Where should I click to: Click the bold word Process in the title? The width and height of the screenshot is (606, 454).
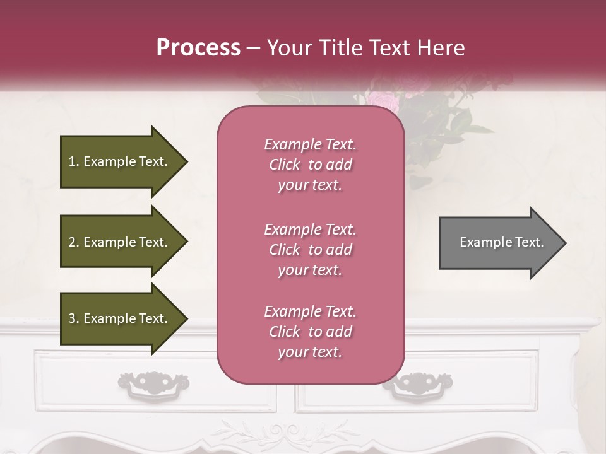tap(198, 48)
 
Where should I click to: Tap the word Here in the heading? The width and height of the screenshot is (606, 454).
tap(442, 48)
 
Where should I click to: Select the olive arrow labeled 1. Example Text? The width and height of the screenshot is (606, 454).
tap(120, 161)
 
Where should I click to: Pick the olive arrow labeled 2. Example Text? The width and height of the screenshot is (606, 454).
tap(120, 242)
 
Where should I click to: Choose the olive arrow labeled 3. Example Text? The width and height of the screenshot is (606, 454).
tap(120, 318)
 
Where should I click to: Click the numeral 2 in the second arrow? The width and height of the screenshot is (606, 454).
tap(72, 242)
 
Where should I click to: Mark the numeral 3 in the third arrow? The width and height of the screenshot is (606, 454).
tap(72, 318)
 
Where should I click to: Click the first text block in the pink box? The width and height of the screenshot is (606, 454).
tap(310, 165)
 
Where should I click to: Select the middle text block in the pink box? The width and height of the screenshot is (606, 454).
tap(310, 250)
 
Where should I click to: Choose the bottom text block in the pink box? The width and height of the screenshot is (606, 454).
tap(310, 332)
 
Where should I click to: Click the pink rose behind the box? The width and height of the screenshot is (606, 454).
tap(383, 101)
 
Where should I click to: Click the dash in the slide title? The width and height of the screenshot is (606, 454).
tap(253, 48)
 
